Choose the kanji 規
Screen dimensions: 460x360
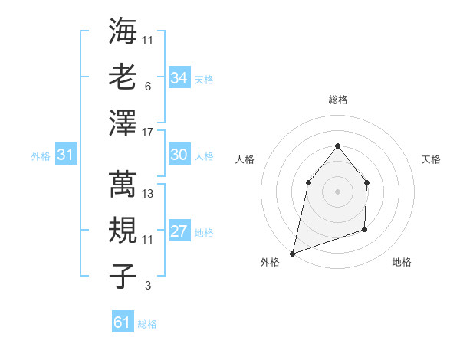tap(123, 229)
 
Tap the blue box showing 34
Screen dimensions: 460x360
tap(179, 77)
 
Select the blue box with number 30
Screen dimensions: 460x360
tap(179, 155)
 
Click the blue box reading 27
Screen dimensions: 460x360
tap(179, 231)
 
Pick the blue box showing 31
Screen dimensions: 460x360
tap(66, 155)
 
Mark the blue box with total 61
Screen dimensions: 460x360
tap(122, 322)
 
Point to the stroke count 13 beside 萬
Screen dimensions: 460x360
tap(148, 194)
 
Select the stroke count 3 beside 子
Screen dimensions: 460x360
tap(147, 286)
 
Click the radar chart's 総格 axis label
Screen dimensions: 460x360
tap(337, 100)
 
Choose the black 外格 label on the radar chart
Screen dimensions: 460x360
tap(270, 262)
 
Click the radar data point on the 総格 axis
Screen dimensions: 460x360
tap(337, 146)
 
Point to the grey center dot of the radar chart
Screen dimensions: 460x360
tap(337, 191)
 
